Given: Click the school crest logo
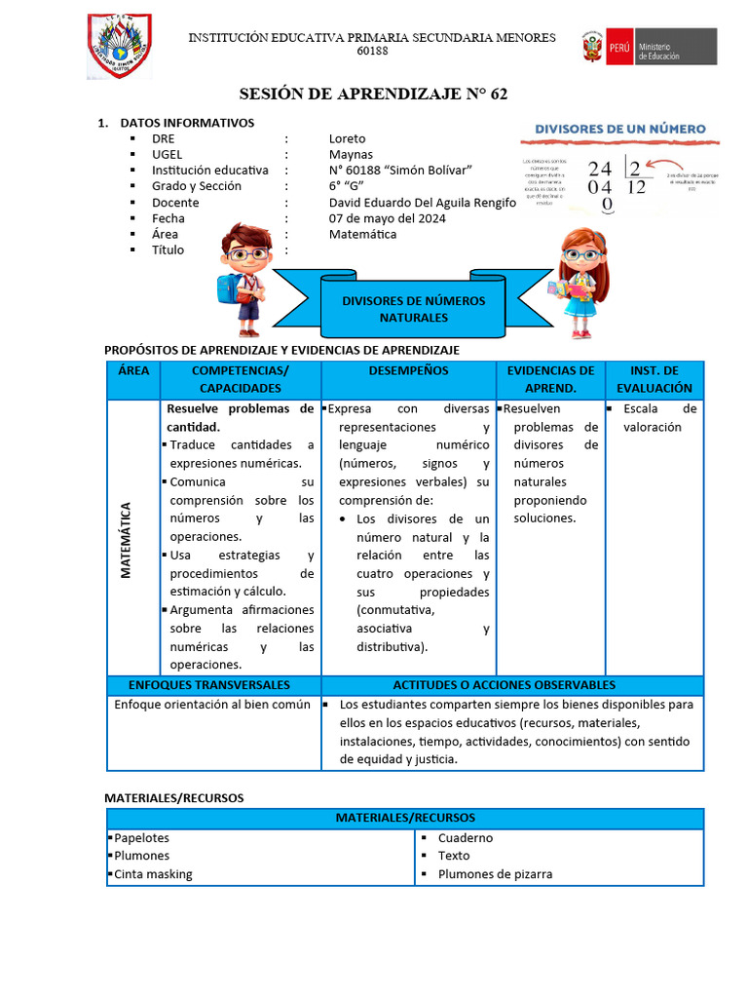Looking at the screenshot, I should (119, 46).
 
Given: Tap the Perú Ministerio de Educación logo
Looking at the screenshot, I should (649, 47).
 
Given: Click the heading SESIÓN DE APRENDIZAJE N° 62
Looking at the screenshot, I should (373, 95).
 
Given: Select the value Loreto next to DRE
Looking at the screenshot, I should (348, 138).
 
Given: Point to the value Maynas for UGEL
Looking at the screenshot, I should (351, 154).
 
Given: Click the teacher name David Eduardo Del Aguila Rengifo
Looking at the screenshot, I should (423, 203).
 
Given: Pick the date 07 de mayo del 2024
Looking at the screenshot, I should (388, 218).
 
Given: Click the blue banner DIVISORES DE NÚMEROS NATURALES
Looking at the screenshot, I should (413, 309).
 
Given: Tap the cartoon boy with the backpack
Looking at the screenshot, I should (243, 278).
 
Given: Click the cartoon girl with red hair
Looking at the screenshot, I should (582, 283).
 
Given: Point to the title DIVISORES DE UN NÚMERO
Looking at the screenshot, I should (621, 129).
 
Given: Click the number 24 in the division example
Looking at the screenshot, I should (600, 168).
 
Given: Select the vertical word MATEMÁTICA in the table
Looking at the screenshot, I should (127, 540).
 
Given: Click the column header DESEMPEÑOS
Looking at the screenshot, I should (408, 371).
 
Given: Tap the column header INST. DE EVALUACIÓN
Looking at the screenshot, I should (654, 379).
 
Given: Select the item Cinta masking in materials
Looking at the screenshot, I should (153, 874).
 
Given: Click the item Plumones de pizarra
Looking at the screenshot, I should (495, 874).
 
